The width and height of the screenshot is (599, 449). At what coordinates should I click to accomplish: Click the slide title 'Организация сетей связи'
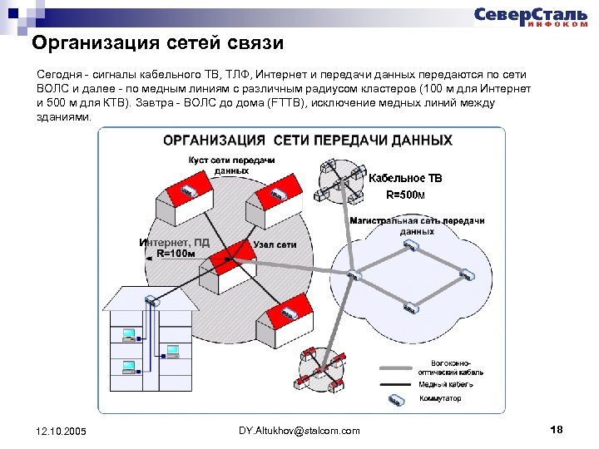point(158,42)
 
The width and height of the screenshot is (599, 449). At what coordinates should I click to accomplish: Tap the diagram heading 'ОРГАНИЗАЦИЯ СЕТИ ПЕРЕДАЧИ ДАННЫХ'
point(308,141)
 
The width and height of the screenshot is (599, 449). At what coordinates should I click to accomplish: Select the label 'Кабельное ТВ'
point(406,178)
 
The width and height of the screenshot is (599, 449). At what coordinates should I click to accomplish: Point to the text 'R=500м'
point(405,195)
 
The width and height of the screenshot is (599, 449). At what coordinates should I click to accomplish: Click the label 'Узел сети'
point(275,245)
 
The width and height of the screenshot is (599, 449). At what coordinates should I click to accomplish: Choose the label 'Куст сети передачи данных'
point(231,165)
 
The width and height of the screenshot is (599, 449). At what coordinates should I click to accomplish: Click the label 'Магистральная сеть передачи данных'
point(417,225)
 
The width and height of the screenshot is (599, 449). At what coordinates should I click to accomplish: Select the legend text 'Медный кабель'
point(446,384)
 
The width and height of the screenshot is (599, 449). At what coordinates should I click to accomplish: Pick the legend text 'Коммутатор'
point(440,398)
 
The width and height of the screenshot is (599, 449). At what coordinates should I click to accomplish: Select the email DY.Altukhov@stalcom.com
point(299,430)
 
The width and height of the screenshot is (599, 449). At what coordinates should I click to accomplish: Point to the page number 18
point(557,429)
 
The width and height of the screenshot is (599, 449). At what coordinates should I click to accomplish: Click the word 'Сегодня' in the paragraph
point(59,74)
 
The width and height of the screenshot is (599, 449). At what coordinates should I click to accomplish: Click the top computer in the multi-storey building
point(129,335)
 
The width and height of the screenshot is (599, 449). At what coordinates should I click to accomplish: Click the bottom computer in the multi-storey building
point(129,365)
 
